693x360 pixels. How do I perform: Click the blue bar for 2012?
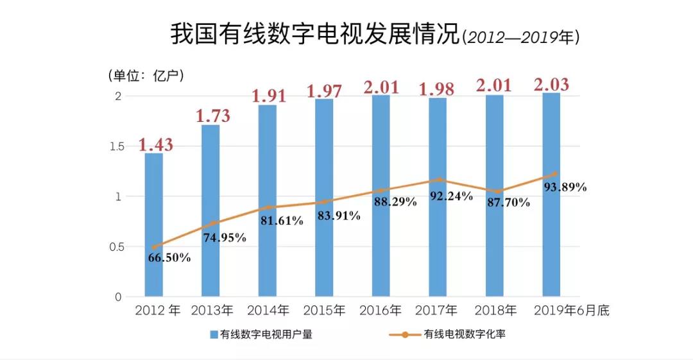point(154,225)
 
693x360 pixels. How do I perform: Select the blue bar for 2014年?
point(268,200)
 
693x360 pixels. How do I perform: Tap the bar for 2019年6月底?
point(551,194)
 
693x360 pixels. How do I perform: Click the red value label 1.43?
point(156,144)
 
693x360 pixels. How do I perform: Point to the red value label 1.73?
point(213,116)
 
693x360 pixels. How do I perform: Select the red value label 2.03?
point(552,85)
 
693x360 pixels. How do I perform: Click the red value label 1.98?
point(437,89)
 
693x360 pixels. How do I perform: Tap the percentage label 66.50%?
point(169,257)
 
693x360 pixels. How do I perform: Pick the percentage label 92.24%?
point(452,196)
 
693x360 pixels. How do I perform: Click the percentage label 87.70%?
point(509,203)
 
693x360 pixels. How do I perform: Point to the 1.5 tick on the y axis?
point(117,146)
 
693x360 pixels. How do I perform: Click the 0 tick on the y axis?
point(118,297)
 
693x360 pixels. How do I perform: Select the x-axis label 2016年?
point(380,311)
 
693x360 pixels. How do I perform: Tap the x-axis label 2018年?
point(495,311)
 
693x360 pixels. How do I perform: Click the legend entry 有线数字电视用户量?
point(261,334)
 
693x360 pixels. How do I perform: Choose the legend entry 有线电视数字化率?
point(447,334)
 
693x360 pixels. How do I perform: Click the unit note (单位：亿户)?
point(146,76)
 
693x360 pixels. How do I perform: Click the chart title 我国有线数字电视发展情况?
point(315,35)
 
